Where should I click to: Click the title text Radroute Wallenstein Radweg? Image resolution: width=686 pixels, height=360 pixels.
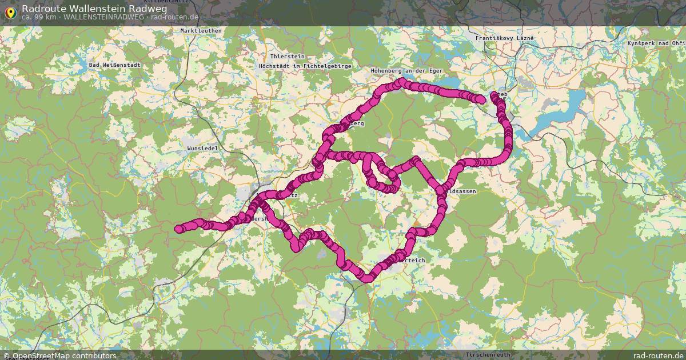coord(94,9)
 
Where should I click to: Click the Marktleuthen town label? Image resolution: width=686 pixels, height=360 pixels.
coord(200,31)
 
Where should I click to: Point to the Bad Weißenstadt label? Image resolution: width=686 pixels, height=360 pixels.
coord(115,65)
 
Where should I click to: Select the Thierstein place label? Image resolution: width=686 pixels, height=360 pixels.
coord(288,57)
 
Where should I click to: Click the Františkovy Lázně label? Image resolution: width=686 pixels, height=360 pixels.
coord(505,38)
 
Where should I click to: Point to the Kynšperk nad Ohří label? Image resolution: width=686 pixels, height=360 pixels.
coord(656,43)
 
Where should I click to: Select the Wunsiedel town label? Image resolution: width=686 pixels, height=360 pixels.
coord(203,148)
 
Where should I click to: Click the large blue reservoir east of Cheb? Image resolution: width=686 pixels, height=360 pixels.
coord(566,114)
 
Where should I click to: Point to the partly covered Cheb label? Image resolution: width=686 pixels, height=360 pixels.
coord(501,95)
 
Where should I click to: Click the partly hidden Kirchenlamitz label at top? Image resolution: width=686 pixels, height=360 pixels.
coord(169,3)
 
